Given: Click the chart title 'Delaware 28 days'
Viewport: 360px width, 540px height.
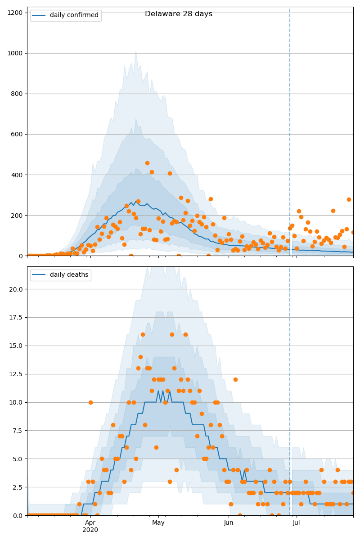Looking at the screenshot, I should click(x=179, y=14).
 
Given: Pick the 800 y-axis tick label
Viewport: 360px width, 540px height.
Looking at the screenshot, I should click(x=17, y=94).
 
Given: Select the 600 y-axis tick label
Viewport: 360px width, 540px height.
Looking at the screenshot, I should click(x=17, y=134).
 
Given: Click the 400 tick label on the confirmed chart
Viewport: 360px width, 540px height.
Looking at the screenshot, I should click(x=17, y=175).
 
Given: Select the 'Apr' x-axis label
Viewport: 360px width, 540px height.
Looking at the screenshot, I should click(x=90, y=522).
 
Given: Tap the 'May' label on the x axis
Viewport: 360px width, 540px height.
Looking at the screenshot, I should click(x=158, y=522).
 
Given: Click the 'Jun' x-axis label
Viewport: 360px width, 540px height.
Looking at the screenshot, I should click(x=229, y=522).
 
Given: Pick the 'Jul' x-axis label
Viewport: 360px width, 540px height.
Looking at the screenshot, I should click(x=297, y=522).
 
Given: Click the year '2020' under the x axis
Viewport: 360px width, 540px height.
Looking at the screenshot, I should click(x=90, y=530).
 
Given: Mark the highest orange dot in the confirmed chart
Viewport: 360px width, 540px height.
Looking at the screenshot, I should click(x=147, y=163).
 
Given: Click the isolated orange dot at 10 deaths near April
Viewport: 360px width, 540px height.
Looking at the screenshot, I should click(x=90, y=402).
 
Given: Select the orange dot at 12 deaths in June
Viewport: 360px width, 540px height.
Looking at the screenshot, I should click(x=235, y=379).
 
